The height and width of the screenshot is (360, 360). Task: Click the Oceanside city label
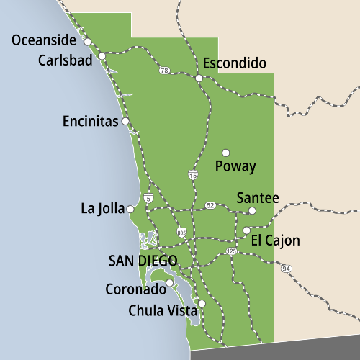coord(45,40)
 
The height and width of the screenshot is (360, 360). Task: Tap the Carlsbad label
coord(65,60)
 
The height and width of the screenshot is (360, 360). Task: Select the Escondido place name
coord(235,63)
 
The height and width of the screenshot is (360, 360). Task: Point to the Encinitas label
coord(90,122)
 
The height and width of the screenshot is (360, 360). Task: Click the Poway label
coord(235,166)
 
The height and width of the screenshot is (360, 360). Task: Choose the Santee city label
coord(258,198)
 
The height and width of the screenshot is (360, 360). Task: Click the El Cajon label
coord(276,240)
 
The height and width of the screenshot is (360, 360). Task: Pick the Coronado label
coord(135,291)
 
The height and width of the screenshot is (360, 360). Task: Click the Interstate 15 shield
coord(193,175)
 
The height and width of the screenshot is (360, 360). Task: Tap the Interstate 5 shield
coord(148,197)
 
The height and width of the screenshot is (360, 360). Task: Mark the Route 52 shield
coord(210,205)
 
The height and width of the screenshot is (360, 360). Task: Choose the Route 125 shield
coord(231,251)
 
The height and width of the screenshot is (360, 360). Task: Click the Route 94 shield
coord(287,269)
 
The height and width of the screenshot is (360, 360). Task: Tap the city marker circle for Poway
coord(225,153)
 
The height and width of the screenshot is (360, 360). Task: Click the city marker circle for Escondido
coord(199,78)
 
